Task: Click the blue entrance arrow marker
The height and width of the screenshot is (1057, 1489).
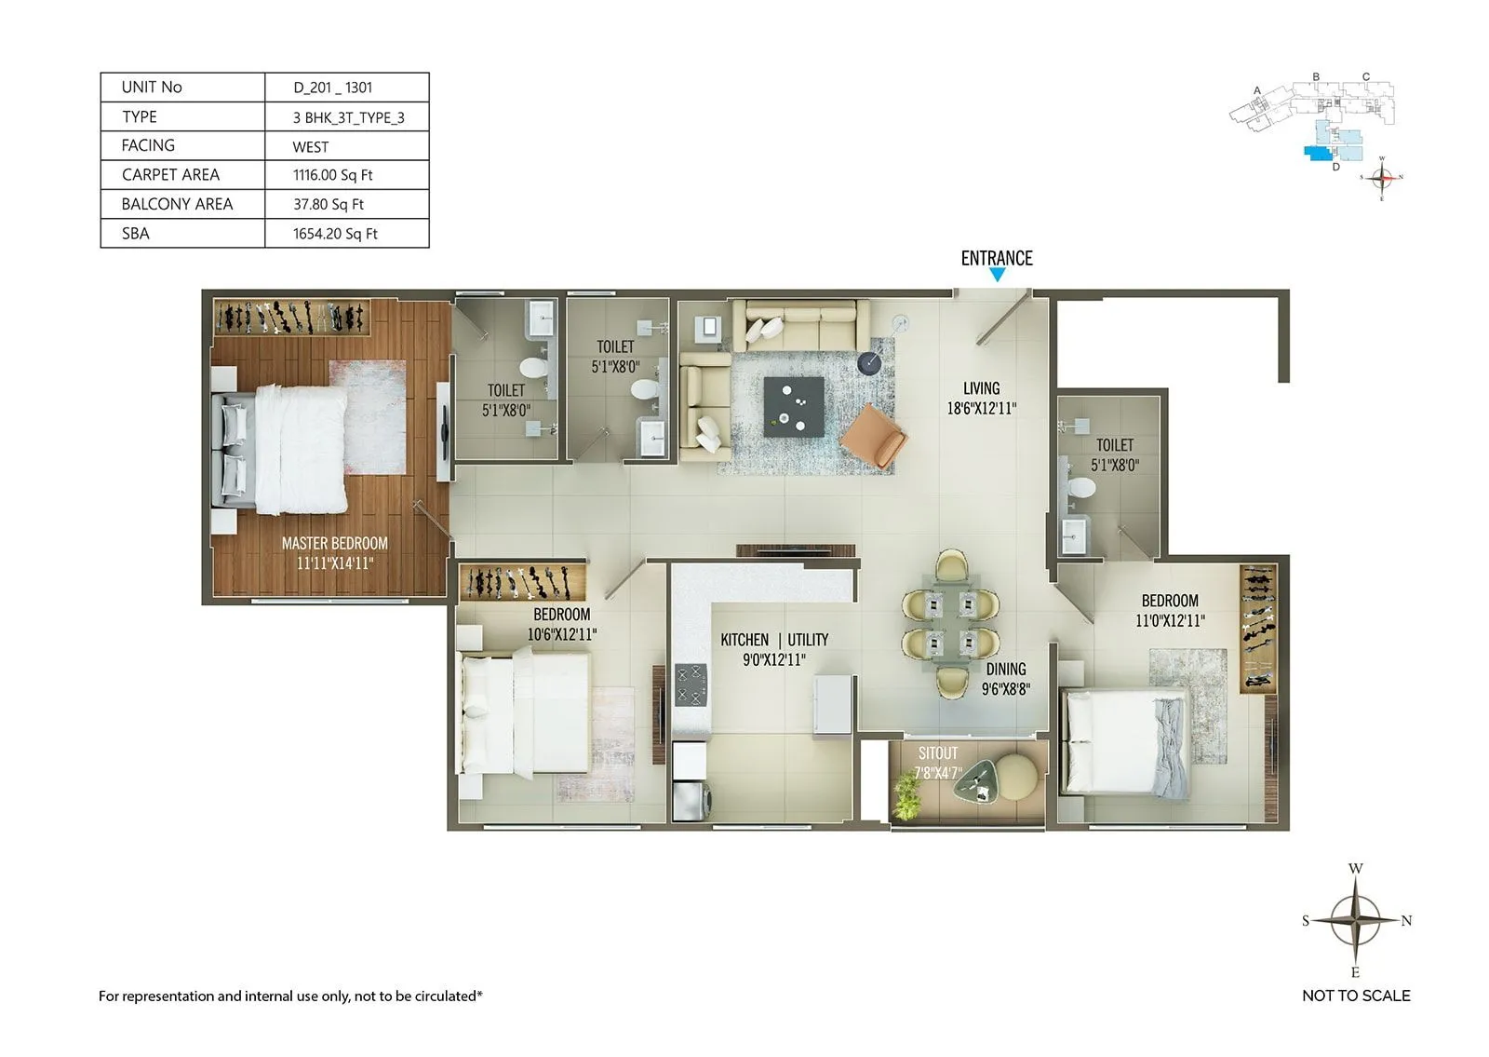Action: (997, 275)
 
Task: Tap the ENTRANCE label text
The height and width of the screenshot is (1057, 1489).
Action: (997, 258)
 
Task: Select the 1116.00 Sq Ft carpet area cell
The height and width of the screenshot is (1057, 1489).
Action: (332, 175)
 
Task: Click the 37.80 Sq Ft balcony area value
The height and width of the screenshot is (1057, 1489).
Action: (329, 204)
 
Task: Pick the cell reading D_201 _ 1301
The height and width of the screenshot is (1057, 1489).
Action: (333, 88)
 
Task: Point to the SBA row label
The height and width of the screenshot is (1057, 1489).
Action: (136, 234)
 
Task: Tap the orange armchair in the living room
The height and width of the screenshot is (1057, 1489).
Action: (873, 436)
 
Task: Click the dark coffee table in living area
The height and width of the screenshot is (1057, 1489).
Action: (793, 406)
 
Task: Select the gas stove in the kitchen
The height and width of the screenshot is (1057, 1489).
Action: (691, 684)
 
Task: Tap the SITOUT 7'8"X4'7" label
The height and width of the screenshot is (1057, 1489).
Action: (937, 763)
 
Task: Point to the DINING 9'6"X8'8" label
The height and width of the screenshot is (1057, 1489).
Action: (1006, 679)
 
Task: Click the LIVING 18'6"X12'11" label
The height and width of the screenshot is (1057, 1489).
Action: (981, 398)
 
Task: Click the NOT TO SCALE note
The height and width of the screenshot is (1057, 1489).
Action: (1356, 996)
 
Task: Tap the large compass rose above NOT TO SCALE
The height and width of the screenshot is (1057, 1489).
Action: (1355, 920)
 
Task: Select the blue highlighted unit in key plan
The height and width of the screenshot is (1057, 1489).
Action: (1317, 152)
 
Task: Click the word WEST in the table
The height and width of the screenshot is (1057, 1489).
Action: (310, 147)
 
